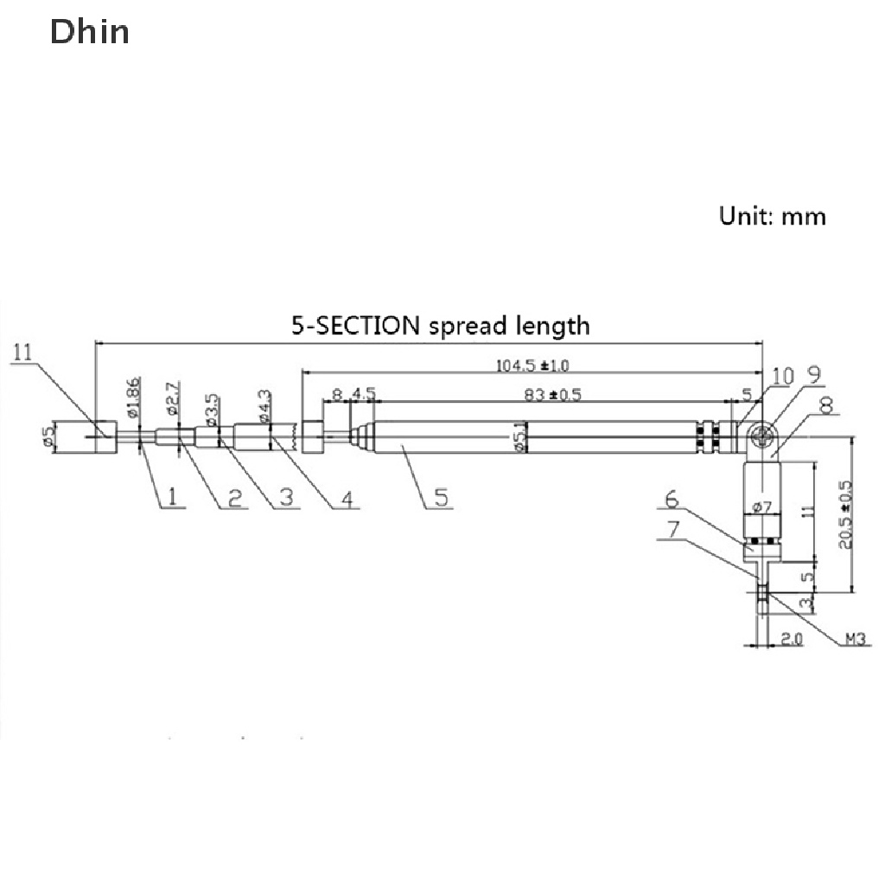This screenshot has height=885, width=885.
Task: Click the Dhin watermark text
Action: (x=90, y=32)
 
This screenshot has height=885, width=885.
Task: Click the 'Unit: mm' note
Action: (x=773, y=215)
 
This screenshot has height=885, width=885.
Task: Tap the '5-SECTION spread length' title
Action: (x=440, y=326)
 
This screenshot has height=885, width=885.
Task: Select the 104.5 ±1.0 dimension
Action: (x=532, y=366)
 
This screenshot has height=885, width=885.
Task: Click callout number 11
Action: (x=22, y=352)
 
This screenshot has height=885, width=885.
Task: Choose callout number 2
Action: (x=232, y=496)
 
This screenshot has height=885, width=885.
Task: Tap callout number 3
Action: (x=286, y=496)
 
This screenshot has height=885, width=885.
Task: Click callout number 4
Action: (x=347, y=498)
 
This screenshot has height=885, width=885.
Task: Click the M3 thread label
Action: (x=855, y=640)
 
